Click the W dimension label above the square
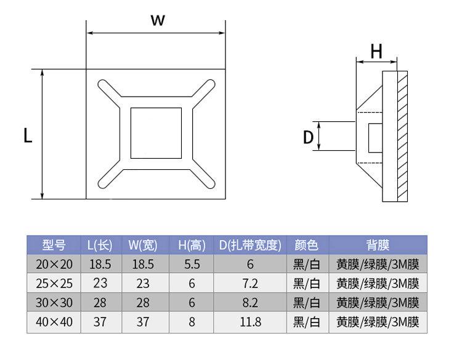(x=158, y=20)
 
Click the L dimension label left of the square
(x=28, y=135)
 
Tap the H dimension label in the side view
(x=376, y=52)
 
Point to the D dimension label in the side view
(x=309, y=137)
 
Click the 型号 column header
(x=54, y=245)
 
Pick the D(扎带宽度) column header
(x=250, y=245)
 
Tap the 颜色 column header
(x=307, y=245)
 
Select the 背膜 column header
(x=378, y=245)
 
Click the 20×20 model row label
(x=54, y=264)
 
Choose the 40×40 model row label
(x=54, y=322)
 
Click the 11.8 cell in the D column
(x=250, y=322)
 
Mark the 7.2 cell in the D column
(x=250, y=283)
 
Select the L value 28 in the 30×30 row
(x=100, y=302)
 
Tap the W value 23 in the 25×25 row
(x=144, y=283)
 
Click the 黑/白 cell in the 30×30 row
(x=307, y=302)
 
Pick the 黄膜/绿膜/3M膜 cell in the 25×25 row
(x=378, y=283)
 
